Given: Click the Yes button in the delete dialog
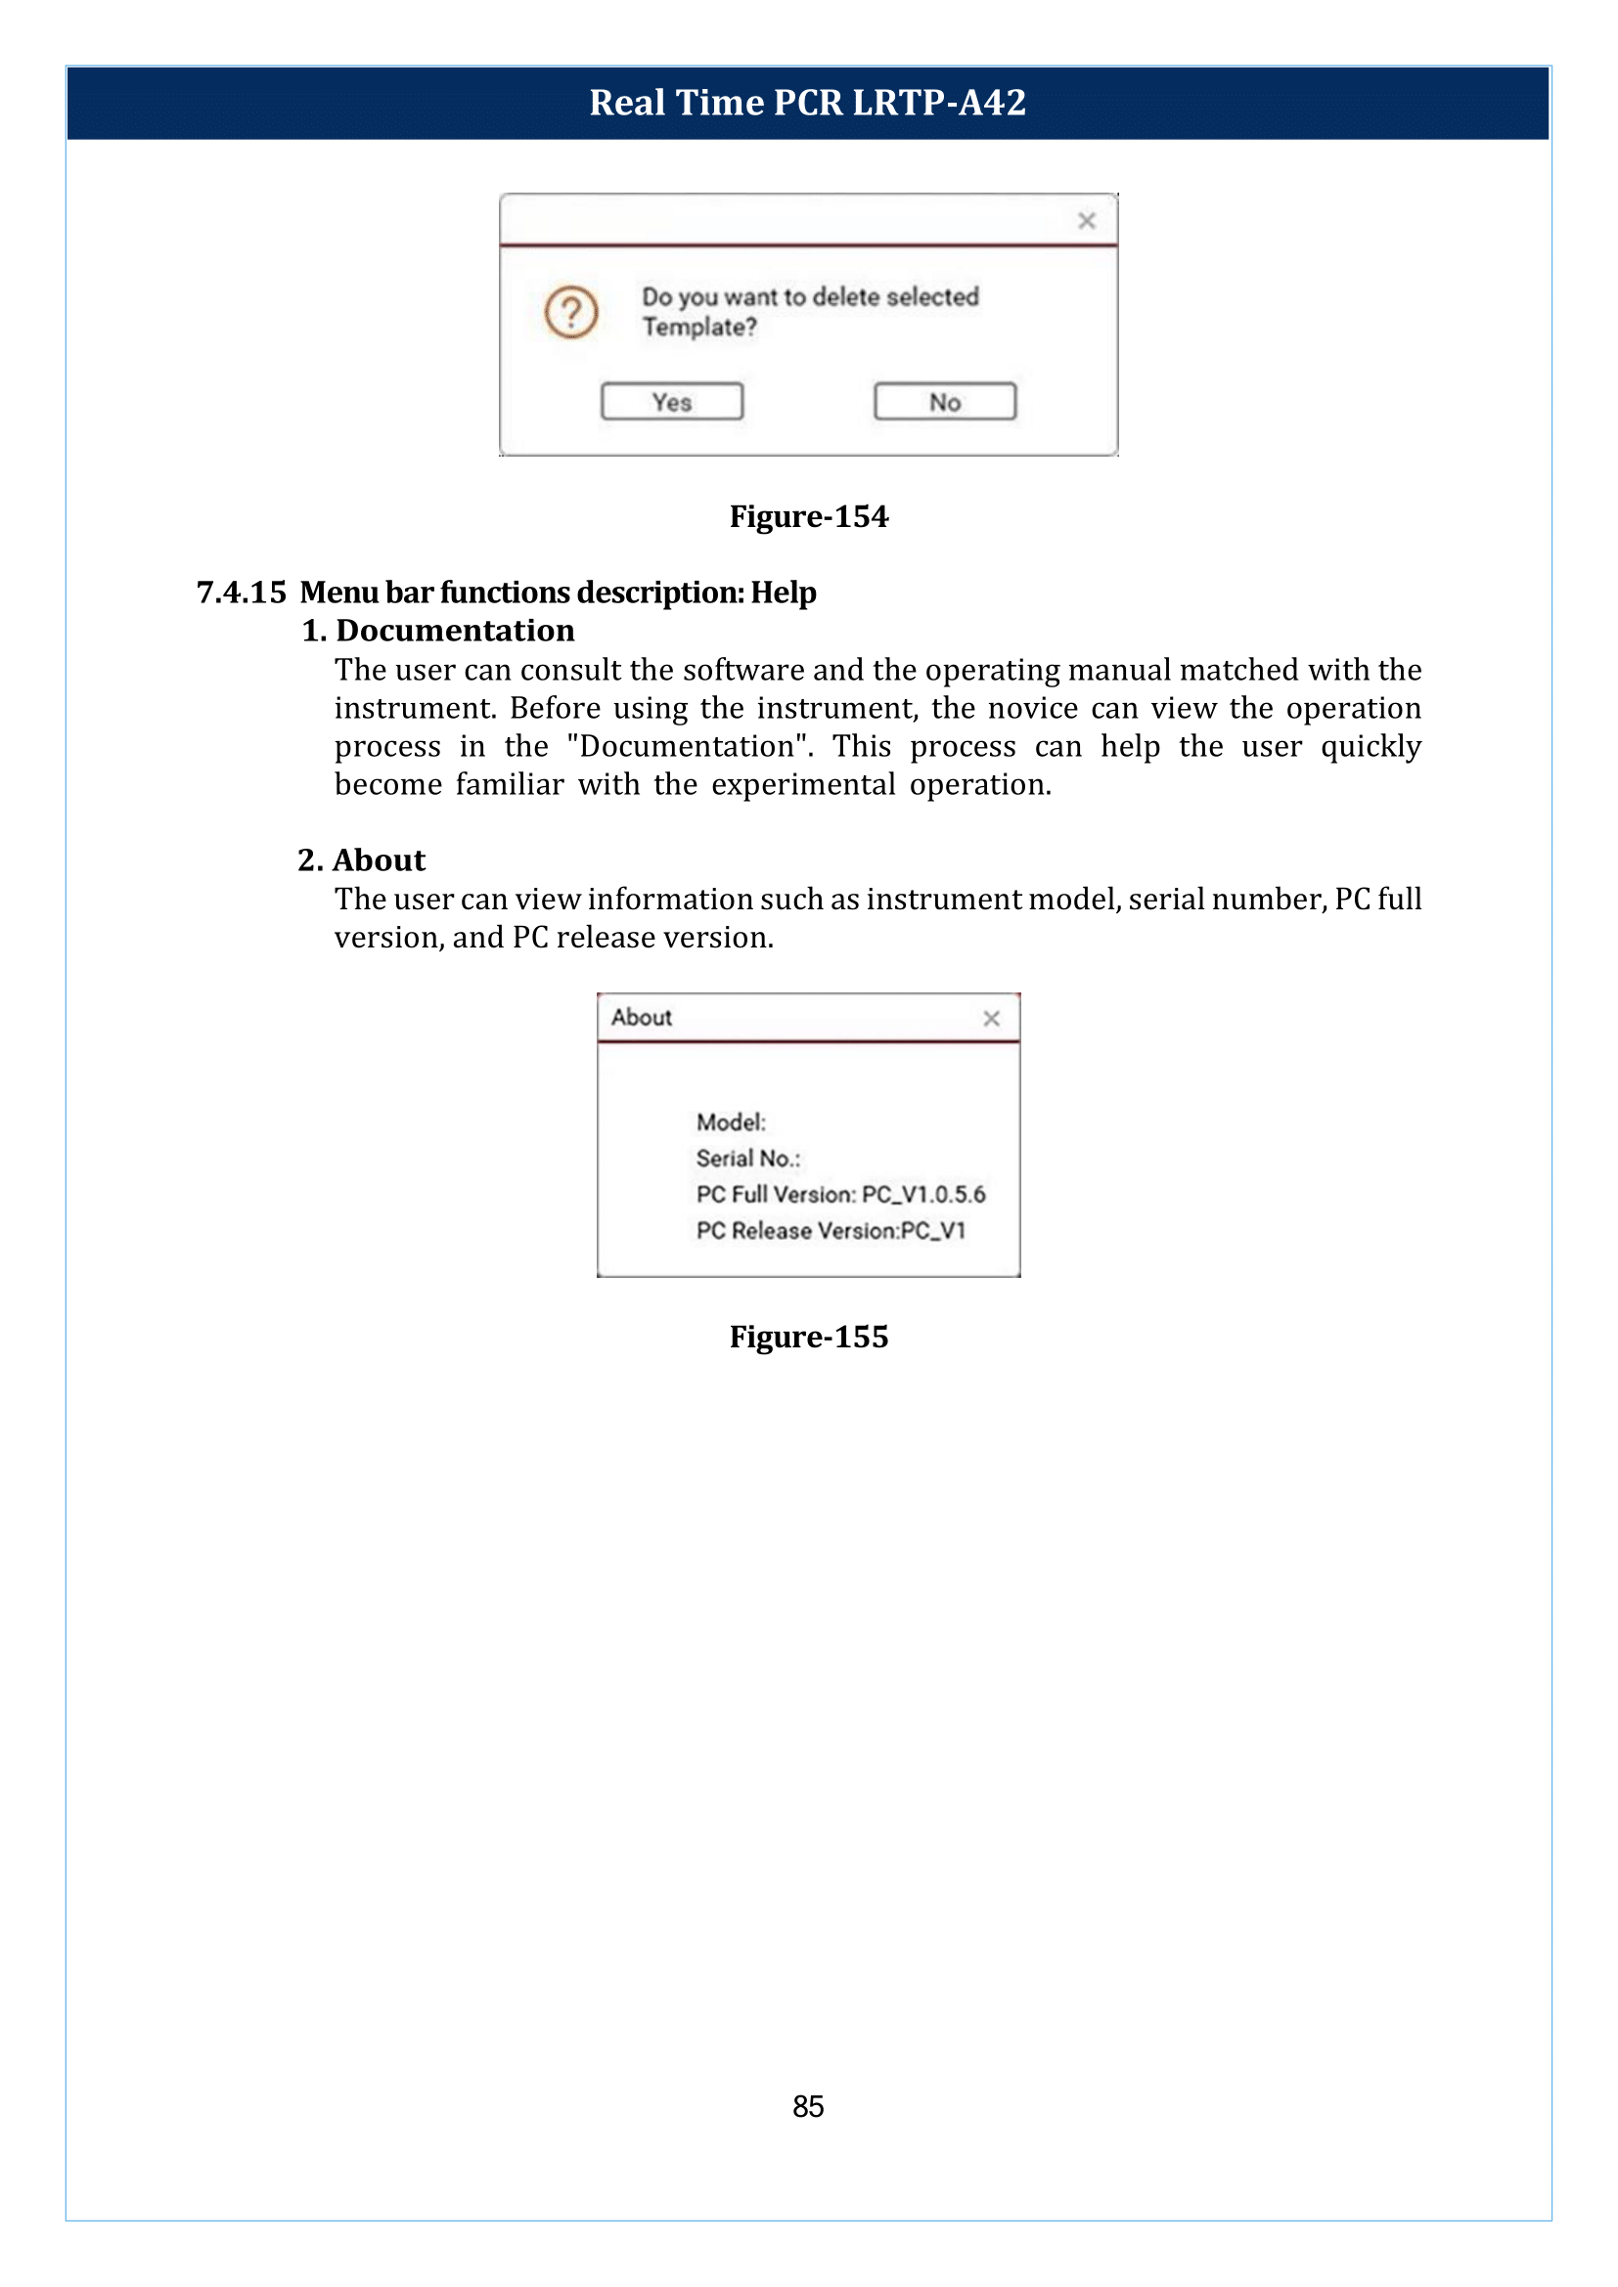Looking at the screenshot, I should (671, 402).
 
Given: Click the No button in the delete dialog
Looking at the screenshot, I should (945, 402).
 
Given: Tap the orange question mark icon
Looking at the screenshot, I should (571, 313).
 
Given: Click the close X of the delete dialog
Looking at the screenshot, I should (1086, 221).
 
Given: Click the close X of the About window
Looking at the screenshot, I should (990, 1018).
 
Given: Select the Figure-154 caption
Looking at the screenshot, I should (808, 517).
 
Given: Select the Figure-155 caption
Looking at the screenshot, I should (808, 1337).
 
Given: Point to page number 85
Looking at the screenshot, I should (808, 2107).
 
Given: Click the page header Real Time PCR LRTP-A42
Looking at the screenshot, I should (807, 103).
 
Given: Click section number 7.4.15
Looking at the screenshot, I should (241, 593).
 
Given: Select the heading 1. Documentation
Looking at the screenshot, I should (438, 631).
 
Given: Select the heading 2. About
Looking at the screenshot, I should (362, 859).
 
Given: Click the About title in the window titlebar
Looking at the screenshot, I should (642, 1017).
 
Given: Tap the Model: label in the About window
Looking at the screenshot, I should (731, 1122).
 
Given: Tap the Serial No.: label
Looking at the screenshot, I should (747, 1159).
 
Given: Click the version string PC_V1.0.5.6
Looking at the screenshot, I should (923, 1194).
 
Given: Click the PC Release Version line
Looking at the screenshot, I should (830, 1231).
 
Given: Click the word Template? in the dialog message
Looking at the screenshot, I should (698, 327).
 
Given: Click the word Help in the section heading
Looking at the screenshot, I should (784, 593).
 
